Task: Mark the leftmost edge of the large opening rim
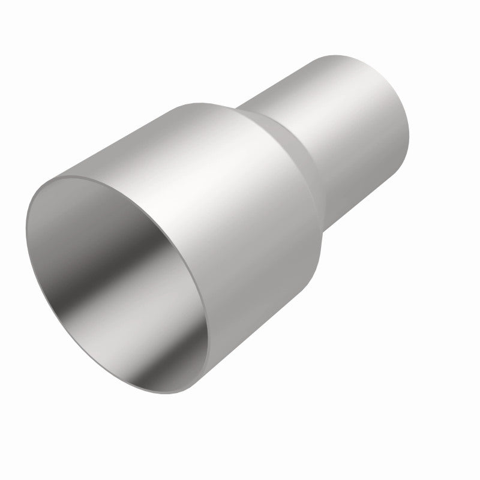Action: (26, 222)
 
